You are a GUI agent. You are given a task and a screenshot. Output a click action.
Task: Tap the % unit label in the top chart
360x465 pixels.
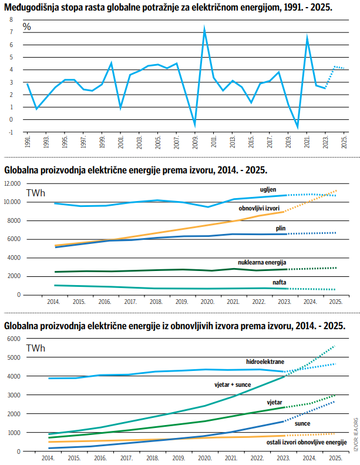[27, 27]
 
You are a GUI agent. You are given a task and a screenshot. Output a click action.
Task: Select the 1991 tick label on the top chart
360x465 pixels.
[28, 143]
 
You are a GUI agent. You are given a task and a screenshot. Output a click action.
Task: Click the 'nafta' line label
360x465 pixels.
[280, 282]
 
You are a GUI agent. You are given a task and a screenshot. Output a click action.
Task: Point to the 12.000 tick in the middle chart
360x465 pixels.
[12, 183]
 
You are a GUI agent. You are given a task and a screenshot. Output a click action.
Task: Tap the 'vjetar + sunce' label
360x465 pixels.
[233, 384]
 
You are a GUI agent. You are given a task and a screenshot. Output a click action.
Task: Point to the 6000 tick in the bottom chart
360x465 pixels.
[14, 339]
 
